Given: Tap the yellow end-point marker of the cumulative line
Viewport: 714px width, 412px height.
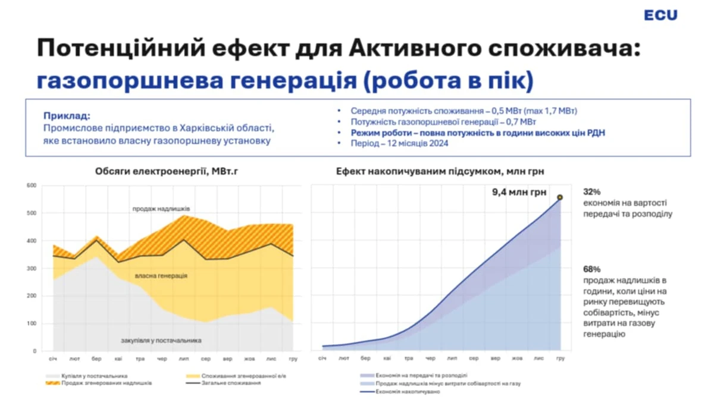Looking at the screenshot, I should click(559, 197).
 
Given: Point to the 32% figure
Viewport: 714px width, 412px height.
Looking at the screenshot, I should click(592, 192).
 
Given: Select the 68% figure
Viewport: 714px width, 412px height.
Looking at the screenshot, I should click(592, 269).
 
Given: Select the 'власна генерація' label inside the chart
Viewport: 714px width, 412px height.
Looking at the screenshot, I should click(161, 276).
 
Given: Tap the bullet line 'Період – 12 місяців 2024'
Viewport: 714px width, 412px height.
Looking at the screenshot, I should click(396, 143).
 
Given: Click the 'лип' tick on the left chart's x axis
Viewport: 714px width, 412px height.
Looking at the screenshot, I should click(183, 358).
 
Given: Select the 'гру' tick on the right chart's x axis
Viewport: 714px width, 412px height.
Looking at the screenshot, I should click(559, 358).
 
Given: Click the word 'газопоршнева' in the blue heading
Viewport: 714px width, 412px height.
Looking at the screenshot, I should click(123, 80).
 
